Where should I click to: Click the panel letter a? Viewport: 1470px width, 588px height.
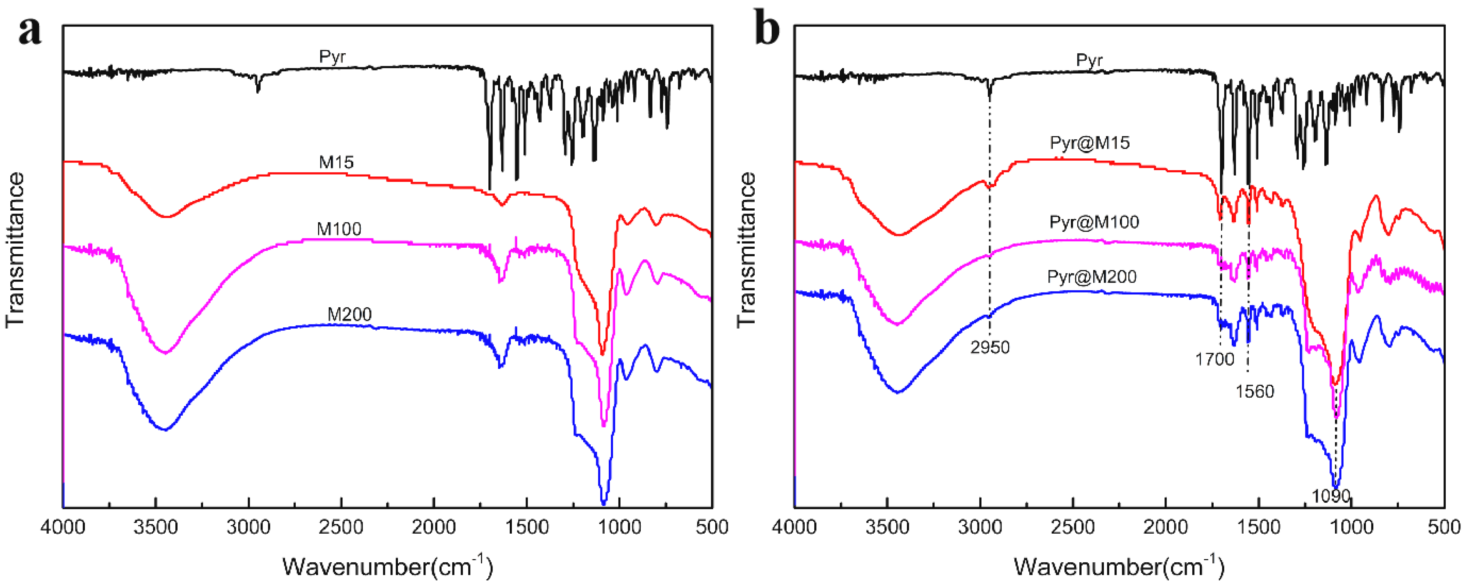coord(30,30)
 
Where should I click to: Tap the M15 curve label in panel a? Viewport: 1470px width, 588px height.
coord(336,162)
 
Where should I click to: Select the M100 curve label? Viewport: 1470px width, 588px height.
coord(339,229)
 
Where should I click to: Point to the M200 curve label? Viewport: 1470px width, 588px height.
coord(349,314)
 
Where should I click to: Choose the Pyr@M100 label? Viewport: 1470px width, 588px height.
coord(1094,222)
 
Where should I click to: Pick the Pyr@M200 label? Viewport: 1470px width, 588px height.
coord(1091,277)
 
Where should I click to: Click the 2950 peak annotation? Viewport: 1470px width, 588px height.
coord(990,347)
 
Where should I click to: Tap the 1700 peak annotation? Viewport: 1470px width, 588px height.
coord(1214,359)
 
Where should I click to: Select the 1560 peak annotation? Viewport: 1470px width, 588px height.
coord(1254,392)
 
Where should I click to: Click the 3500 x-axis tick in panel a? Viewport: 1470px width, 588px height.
coord(156,527)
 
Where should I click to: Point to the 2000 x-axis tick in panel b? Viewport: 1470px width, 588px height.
coord(1165,527)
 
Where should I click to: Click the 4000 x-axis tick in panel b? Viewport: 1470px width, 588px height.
coord(794,527)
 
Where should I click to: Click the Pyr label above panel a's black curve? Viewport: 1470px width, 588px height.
coord(332,57)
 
